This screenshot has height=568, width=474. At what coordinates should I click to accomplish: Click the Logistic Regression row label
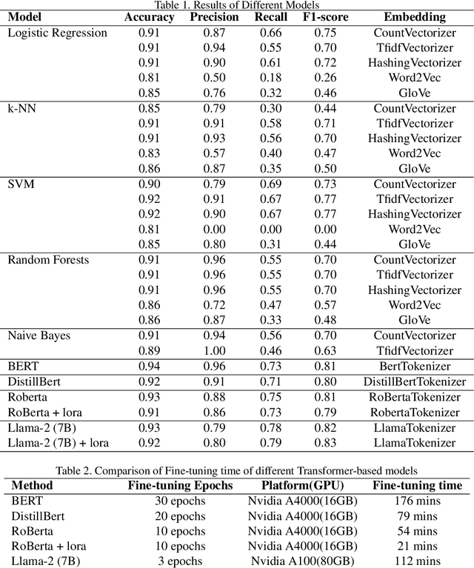pyautogui.click(x=57, y=33)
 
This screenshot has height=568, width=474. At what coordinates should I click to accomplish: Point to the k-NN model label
pyautogui.click(x=22, y=108)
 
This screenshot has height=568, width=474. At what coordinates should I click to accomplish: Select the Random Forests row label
pyautogui.click(x=47, y=260)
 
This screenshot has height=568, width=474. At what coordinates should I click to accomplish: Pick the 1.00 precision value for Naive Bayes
pyautogui.click(x=216, y=350)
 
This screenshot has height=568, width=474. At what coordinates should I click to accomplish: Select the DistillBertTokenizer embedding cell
pyautogui.click(x=414, y=381)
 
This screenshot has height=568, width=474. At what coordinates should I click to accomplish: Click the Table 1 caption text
pyautogui.click(x=237, y=6)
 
